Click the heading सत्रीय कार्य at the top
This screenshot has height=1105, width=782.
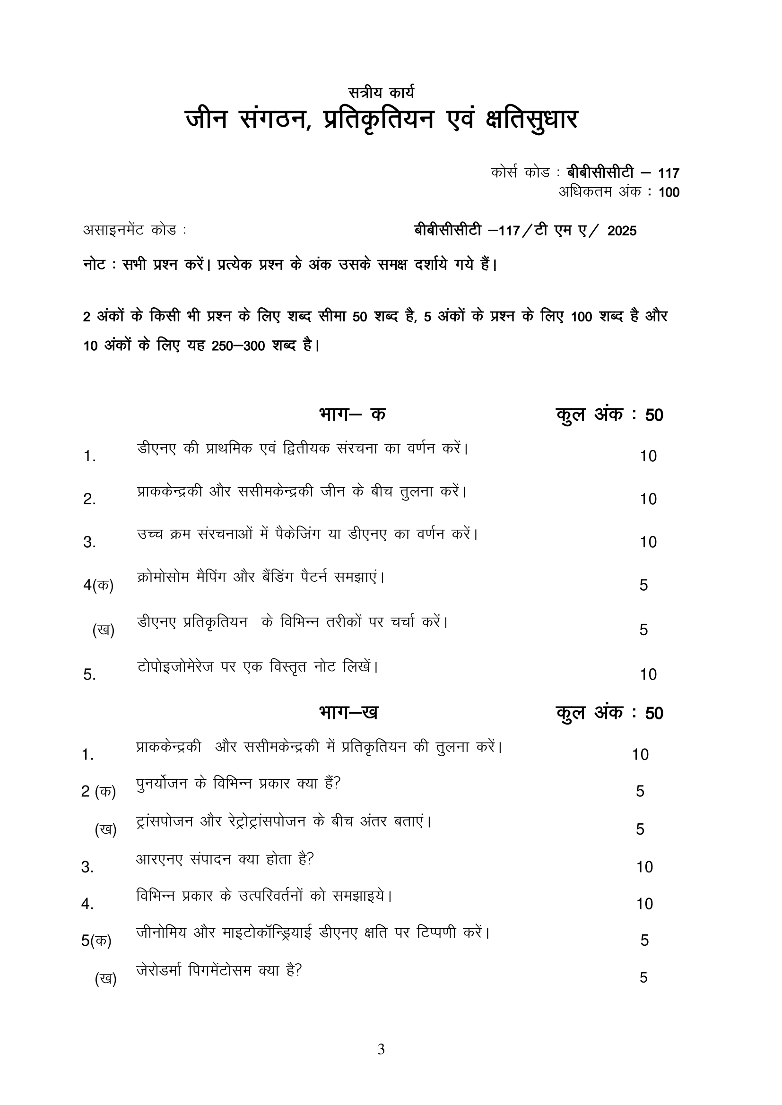point(381,92)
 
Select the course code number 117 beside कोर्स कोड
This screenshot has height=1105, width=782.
point(669,173)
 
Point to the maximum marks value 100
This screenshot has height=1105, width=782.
point(669,192)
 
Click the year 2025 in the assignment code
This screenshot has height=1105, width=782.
point(622,231)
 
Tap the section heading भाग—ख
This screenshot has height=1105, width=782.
point(348,712)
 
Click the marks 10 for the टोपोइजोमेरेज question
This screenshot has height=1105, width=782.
point(648,674)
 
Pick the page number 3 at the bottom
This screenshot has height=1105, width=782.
point(381,1049)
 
